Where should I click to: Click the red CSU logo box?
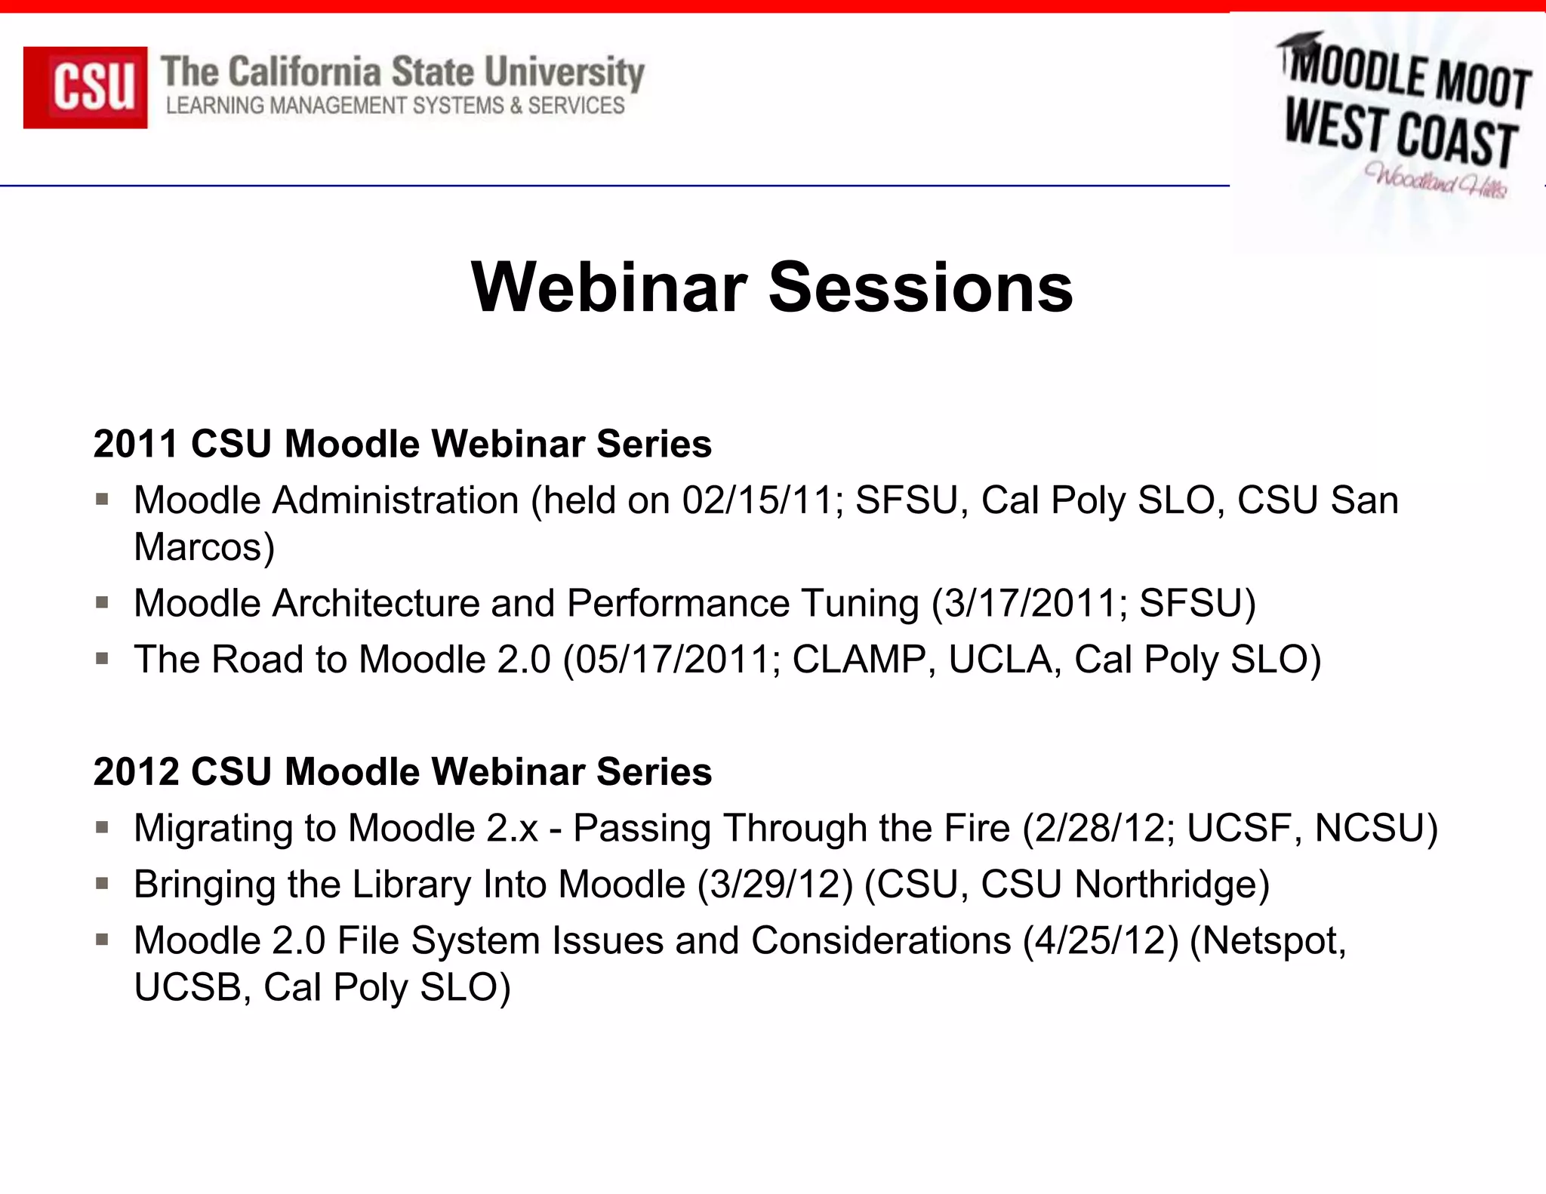[x=85, y=88]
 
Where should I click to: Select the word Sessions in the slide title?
[x=920, y=288]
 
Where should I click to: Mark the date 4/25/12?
[x=1101, y=941]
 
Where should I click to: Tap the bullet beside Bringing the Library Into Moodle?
[x=103, y=883]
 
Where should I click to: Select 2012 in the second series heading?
[x=136, y=772]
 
